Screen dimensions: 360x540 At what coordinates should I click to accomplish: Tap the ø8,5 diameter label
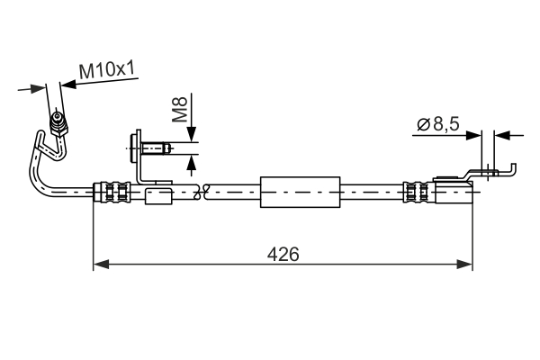click(x=437, y=126)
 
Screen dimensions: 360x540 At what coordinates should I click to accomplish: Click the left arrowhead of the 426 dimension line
click(x=101, y=264)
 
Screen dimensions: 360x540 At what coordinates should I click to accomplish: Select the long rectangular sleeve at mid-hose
click(x=301, y=192)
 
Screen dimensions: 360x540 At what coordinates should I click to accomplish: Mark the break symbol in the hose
click(x=204, y=191)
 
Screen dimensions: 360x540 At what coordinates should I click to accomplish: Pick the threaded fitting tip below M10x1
click(x=58, y=119)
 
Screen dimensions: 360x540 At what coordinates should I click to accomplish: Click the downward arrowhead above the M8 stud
click(x=191, y=137)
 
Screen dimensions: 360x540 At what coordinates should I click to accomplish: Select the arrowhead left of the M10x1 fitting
click(x=38, y=87)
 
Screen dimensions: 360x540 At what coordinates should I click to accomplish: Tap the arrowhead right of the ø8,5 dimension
click(x=501, y=136)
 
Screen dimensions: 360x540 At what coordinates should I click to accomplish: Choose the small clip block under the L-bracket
click(x=159, y=195)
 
